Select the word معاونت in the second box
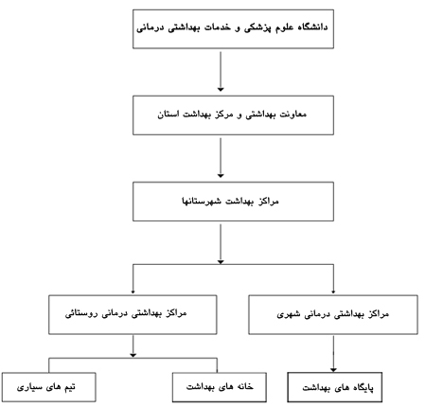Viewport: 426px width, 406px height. (294, 114)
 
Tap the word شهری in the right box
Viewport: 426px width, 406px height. (287, 314)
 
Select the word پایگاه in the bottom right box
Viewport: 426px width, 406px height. (362, 387)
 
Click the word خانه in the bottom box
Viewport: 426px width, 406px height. (243, 386)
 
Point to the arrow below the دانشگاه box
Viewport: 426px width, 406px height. (221, 72)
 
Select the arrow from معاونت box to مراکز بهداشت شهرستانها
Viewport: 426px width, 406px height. (221, 158)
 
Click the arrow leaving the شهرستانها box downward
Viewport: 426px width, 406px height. (221, 244)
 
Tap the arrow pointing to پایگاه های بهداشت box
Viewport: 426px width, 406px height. (333, 354)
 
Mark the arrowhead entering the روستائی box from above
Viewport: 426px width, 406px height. (133, 291)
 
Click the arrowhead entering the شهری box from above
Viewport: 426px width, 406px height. (333, 291)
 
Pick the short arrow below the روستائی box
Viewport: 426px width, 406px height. (133, 346)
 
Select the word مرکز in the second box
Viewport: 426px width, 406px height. (223, 115)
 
